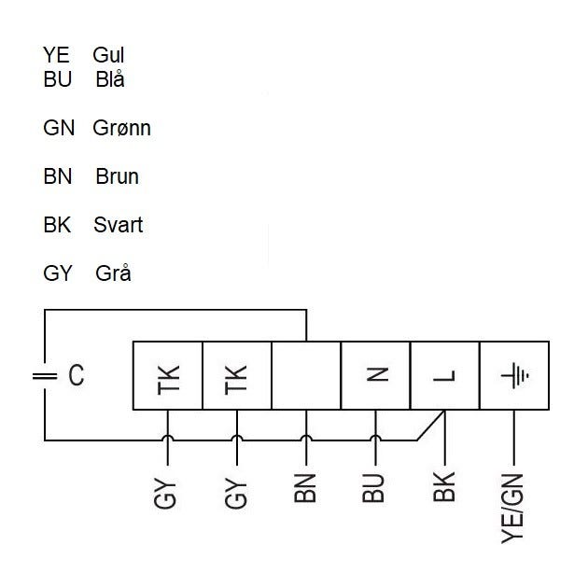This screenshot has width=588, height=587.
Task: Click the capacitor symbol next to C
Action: [44, 376]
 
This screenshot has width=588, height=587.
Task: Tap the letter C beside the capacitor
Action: [77, 376]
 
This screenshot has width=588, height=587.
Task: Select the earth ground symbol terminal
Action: [513, 375]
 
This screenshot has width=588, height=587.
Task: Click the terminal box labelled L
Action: [444, 375]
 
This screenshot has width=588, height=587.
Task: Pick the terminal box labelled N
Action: [375, 375]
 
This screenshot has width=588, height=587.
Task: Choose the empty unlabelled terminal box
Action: [306, 375]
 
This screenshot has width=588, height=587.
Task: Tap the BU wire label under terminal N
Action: [375, 487]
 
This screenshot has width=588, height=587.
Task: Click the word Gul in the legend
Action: [109, 56]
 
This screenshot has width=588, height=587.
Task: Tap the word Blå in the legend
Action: [110, 79]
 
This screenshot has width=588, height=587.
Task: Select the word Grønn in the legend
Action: [122, 128]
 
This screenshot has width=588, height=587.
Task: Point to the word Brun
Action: [117, 176]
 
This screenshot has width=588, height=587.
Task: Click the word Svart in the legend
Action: [119, 225]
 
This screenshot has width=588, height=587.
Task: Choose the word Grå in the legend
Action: [113, 273]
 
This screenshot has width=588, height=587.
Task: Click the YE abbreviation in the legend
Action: [57, 56]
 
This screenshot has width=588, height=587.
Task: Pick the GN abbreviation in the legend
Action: [59, 128]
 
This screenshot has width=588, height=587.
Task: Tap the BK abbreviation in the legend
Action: [58, 225]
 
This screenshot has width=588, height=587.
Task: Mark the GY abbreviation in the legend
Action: [58, 273]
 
